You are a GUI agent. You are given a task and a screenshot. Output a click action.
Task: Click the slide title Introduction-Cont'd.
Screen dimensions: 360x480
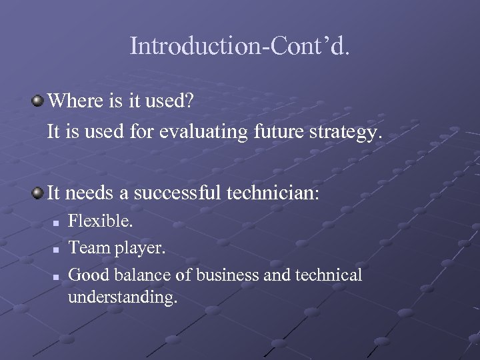239,46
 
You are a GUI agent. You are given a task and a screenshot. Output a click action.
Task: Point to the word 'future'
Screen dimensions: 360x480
279,132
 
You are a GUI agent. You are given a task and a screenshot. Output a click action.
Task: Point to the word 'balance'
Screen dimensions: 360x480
143,275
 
